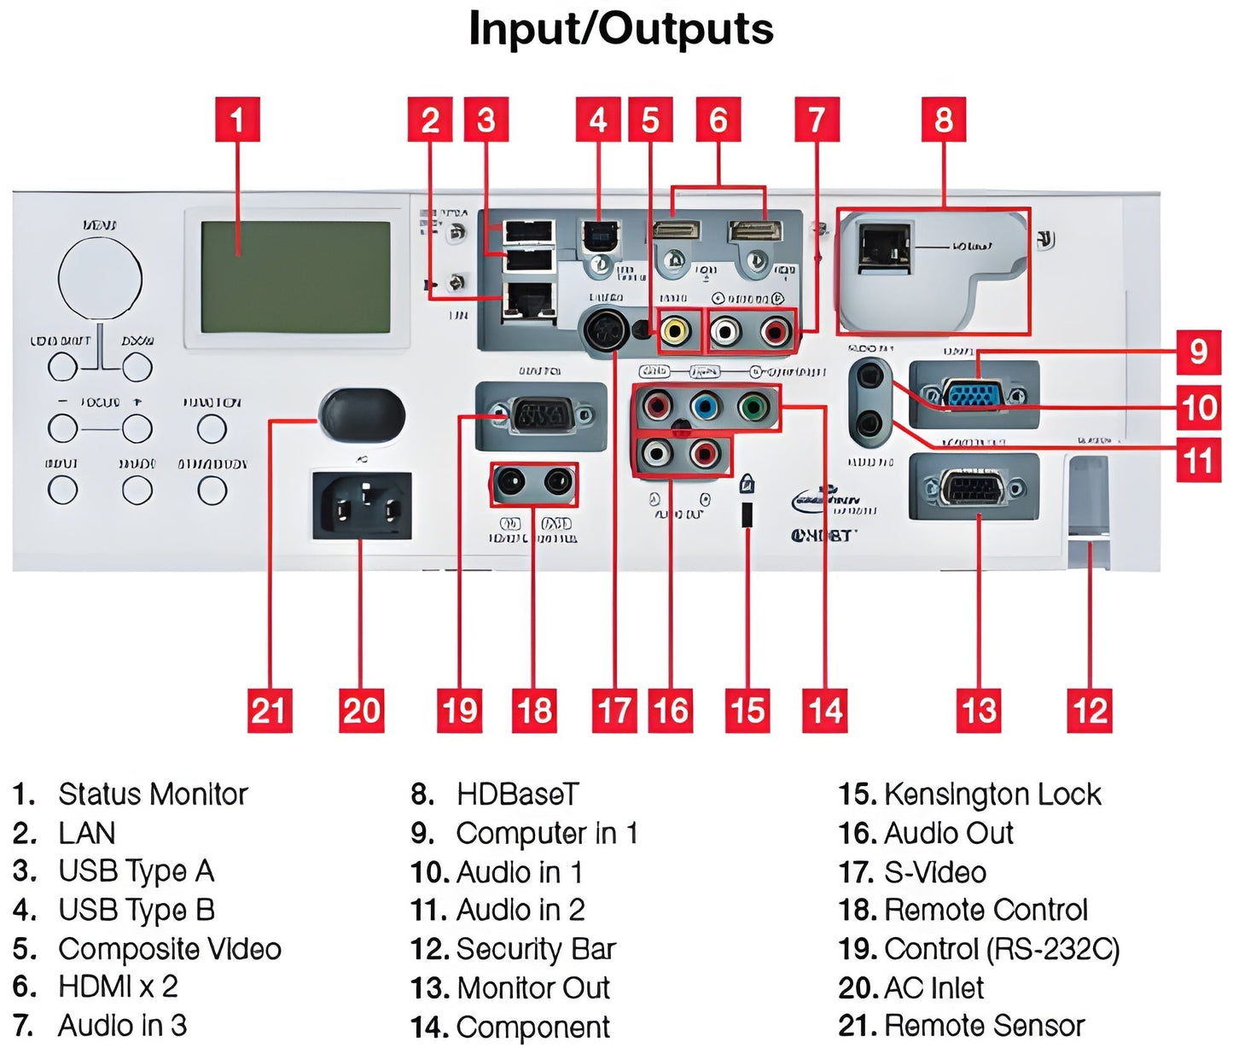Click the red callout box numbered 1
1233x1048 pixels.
236,119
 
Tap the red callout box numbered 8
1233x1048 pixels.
943,119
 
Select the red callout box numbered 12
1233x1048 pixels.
1090,710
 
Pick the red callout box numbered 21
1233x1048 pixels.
270,710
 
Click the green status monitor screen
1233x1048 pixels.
295,277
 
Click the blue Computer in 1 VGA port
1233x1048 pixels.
974,395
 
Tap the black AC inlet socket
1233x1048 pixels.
362,506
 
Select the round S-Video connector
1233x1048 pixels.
607,329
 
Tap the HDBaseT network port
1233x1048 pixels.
884,246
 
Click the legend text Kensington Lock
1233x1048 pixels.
992,795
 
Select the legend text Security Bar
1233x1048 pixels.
535,949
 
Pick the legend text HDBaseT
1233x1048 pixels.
517,795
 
